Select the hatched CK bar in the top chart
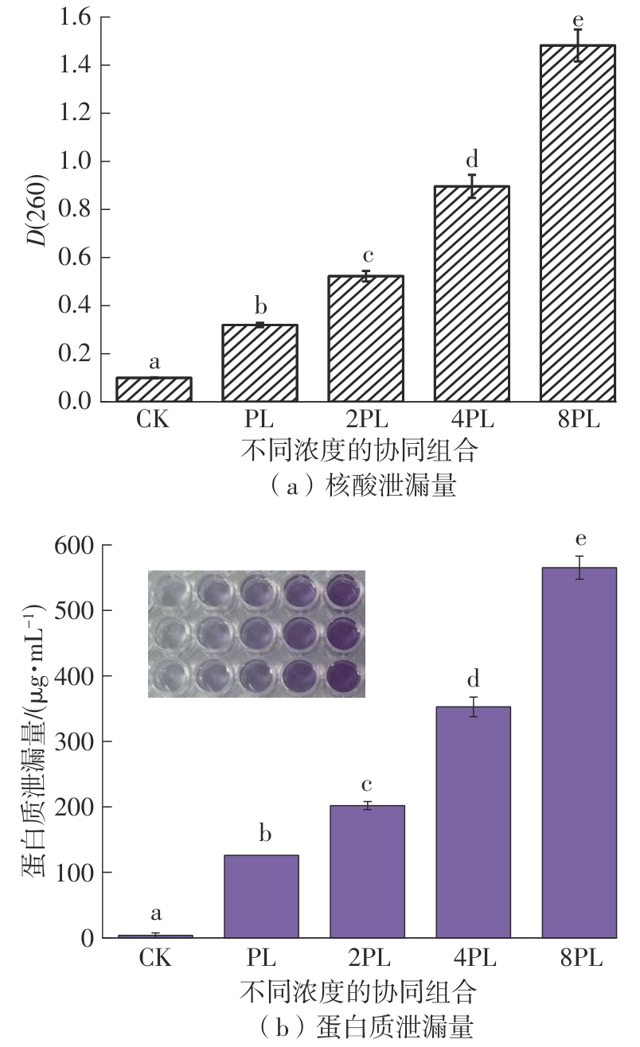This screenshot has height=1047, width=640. click(154, 389)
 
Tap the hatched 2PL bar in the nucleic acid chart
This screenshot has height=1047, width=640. click(365, 338)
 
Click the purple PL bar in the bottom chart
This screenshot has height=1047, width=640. click(261, 897)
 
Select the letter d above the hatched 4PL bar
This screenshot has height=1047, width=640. click(471, 159)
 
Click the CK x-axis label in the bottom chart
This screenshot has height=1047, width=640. click(155, 958)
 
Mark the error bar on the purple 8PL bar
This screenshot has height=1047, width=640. click(580, 567)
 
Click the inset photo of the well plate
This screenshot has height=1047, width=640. click(256, 633)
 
